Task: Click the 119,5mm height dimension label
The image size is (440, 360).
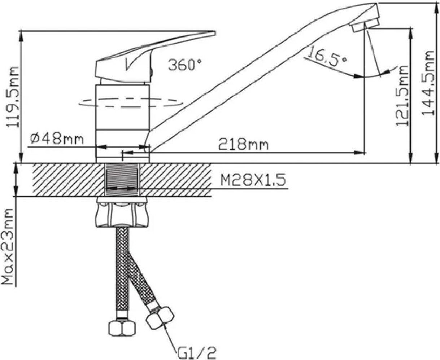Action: click(x=13, y=97)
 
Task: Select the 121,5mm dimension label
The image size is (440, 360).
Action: click(x=402, y=96)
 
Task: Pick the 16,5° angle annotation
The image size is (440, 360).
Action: click(x=326, y=56)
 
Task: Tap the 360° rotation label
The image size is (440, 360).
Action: click(x=185, y=65)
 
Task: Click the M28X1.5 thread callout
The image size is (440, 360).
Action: click(x=253, y=180)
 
